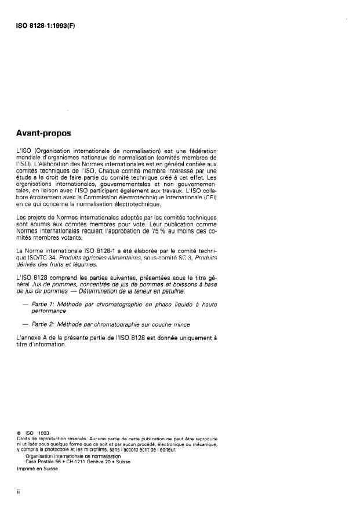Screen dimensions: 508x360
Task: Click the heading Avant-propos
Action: tap(43, 133)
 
